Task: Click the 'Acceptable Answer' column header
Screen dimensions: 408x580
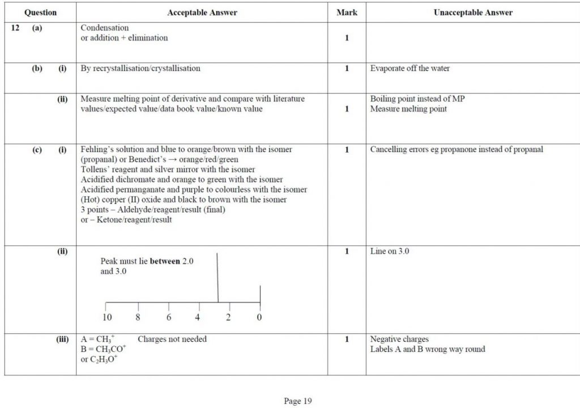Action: [202, 12]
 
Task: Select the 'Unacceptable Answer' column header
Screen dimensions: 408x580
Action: [473, 12]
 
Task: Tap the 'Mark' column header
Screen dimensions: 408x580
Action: [347, 12]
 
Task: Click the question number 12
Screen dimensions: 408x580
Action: [16, 28]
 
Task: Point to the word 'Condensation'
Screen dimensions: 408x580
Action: [105, 28]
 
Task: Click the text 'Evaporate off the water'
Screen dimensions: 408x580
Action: [410, 69]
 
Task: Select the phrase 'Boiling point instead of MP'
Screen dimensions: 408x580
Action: [417, 99]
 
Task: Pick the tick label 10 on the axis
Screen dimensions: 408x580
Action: [106, 317]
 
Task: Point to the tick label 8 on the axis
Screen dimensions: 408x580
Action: [138, 317]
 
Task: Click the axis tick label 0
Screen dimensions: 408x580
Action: [259, 317]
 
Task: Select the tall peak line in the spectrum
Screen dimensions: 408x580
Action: [218, 278]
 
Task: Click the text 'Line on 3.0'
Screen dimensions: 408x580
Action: [390, 251]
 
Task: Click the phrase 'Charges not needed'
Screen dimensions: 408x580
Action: [172, 339]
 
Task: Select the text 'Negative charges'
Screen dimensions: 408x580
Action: [399, 339]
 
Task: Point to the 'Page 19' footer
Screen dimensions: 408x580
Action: [298, 401]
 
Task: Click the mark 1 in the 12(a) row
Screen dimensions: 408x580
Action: [347, 38]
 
